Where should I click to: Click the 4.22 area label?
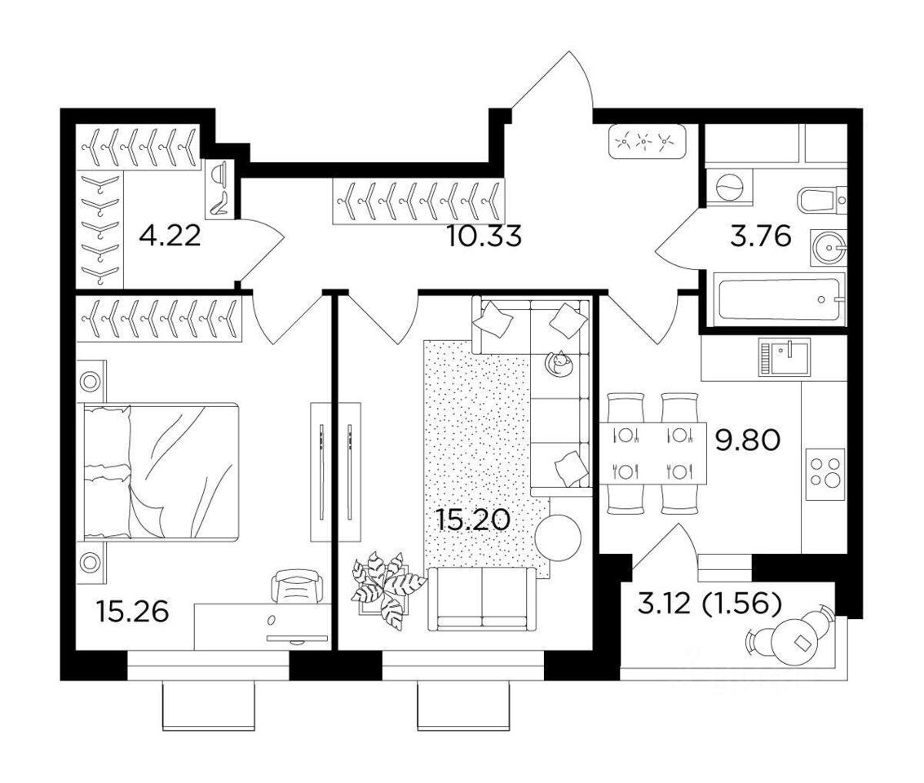point(170,237)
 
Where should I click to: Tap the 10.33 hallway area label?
point(484,237)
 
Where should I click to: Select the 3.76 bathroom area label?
point(760,237)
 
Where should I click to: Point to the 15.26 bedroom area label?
point(133,611)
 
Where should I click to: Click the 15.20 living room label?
point(473,520)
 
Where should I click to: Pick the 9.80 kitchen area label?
point(748,440)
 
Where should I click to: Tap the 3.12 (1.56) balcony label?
point(710,604)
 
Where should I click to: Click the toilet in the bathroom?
point(822,200)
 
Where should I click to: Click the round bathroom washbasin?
point(829,248)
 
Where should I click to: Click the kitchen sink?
point(785,356)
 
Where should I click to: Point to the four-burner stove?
point(825,474)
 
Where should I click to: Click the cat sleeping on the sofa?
point(559,363)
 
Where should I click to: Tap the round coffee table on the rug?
point(558,537)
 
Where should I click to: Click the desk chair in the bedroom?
point(297,586)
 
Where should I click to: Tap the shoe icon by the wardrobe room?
point(220,202)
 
